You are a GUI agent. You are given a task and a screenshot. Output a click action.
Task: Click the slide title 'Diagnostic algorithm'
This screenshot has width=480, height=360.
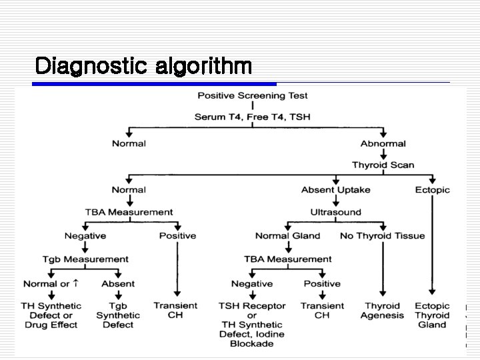tap(143, 66)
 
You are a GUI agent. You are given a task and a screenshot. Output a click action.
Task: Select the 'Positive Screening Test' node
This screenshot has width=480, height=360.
tap(253, 95)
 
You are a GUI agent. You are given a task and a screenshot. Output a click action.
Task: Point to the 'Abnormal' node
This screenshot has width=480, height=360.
tap(383, 143)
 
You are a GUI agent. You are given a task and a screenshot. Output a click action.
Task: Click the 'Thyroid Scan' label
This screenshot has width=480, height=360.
tap(383, 165)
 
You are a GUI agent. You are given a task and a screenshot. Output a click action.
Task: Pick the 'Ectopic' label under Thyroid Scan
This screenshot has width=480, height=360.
tap(432, 190)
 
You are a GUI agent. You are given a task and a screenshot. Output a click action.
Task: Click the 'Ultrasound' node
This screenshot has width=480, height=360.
tap(335, 212)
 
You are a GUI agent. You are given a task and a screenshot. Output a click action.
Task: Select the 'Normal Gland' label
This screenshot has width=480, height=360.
tap(287, 235)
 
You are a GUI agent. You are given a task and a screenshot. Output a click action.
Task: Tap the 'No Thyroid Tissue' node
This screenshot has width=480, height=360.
tap(382, 235)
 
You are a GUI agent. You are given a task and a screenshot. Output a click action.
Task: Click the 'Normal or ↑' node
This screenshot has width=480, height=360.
tap(51, 283)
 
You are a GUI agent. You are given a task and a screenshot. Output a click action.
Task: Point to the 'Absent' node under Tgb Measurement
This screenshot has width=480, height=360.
tap(118, 283)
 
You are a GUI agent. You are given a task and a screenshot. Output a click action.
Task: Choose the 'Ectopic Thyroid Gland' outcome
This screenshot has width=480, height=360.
tap(432, 315)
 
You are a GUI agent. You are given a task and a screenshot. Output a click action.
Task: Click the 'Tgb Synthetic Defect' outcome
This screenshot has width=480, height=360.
tap(118, 315)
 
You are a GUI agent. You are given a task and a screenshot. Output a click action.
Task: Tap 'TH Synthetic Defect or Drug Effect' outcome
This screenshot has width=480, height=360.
tap(51, 315)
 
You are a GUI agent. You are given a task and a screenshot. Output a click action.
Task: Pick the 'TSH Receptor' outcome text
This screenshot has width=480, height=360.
tap(252, 306)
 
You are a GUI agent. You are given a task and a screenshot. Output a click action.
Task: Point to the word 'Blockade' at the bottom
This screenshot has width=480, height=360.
tap(252, 344)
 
